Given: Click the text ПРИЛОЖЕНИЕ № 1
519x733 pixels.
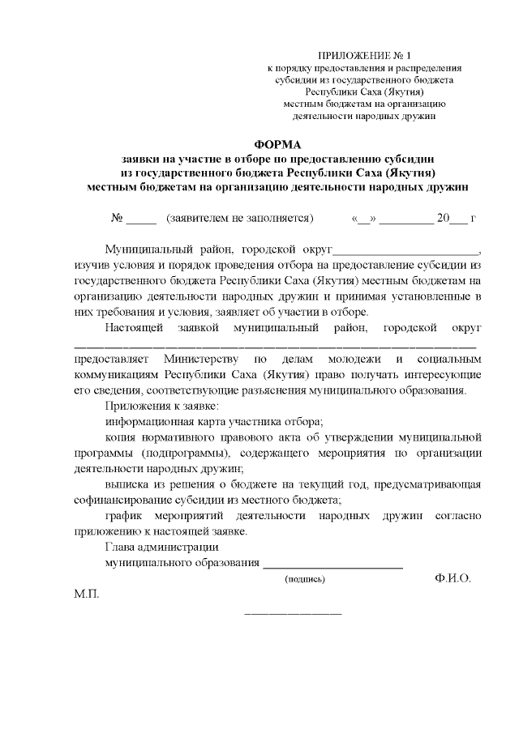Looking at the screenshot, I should [x=362, y=55].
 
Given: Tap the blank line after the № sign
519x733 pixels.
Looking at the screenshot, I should [x=140, y=220].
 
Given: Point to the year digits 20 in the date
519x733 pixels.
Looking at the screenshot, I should [x=443, y=219].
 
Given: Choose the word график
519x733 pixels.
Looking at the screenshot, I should [x=125, y=515].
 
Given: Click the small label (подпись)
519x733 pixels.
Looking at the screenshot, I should [x=304, y=580].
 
